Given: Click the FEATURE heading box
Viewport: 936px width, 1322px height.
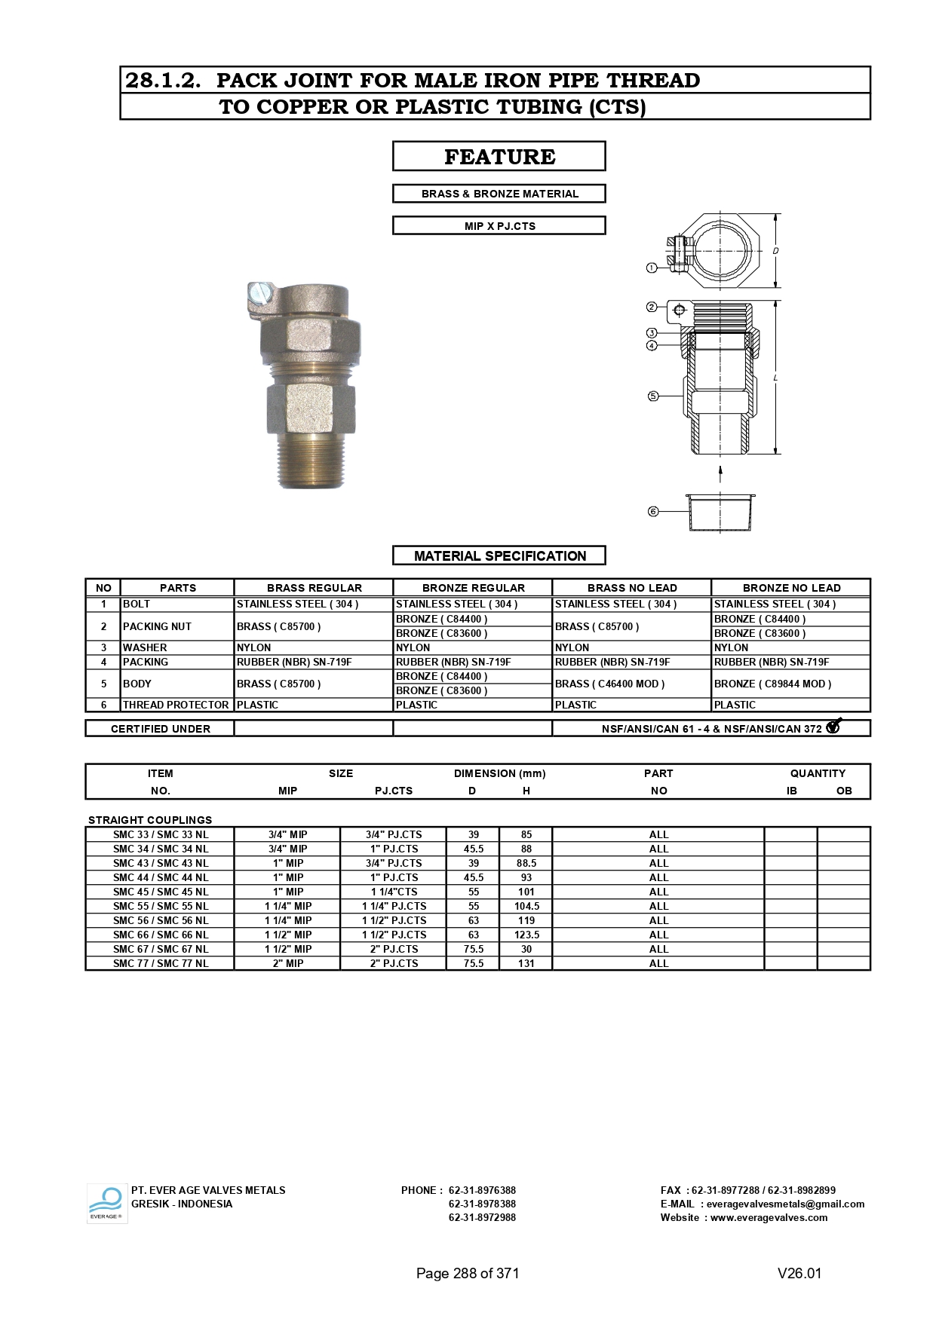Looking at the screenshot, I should coord(499,156).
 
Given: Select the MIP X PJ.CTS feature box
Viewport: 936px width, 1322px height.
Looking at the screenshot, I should coord(499,225).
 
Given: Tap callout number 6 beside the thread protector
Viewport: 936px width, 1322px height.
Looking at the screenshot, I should coord(653,512).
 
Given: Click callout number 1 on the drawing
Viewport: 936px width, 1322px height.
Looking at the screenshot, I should coord(652,268).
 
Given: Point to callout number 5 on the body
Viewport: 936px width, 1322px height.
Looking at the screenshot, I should coord(653,396).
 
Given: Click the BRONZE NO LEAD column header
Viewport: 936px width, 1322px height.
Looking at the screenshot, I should coord(790,588).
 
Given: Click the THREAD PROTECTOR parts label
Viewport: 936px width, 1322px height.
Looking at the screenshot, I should coord(176,705).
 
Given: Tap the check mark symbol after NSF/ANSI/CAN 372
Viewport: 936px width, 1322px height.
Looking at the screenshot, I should coord(833,727).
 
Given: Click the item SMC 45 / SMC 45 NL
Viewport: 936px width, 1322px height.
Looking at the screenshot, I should coord(161,892).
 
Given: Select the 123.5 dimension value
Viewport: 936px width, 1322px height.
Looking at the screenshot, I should coord(526,935).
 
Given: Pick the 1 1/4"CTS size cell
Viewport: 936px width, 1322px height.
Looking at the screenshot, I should coord(394,892).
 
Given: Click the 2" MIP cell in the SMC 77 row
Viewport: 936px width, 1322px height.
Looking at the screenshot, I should coord(287,963).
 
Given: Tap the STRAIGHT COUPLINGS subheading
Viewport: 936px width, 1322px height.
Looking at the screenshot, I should coord(150,820).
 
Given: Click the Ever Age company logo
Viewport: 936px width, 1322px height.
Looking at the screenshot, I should coord(106,1203).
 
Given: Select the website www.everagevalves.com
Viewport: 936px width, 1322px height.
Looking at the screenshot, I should coord(769,1217).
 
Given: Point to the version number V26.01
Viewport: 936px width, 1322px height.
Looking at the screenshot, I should coord(799,1273).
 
